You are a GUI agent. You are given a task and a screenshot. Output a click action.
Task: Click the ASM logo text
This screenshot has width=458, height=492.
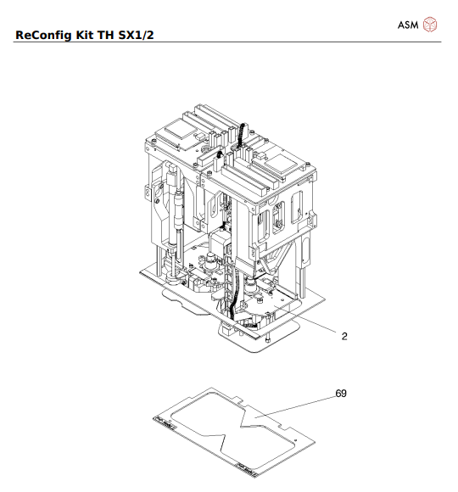pyautogui.click(x=409, y=25)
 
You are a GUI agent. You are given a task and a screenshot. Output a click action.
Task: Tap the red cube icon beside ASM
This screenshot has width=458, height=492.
pyautogui.click(x=431, y=25)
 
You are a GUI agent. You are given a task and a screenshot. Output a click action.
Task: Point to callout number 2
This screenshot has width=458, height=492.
pyautogui.click(x=344, y=336)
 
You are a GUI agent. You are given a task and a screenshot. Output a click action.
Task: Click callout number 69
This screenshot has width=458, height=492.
pyautogui.click(x=341, y=394)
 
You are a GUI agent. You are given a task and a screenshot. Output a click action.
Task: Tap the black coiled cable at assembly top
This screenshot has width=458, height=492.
pyautogui.click(x=239, y=136)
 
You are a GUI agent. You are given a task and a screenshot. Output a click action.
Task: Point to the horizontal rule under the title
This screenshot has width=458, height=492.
pyautogui.click(x=229, y=42)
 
